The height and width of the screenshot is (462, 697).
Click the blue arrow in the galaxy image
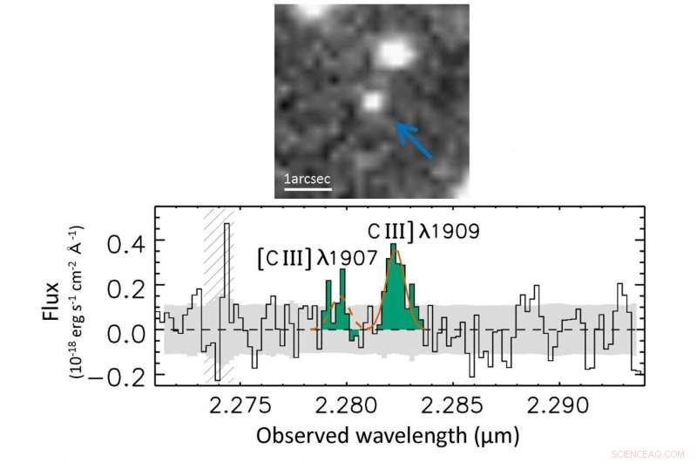coord(415,140)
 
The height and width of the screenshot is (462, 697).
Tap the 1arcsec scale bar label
coord(308,180)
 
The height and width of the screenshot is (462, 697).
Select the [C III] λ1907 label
coord(316,259)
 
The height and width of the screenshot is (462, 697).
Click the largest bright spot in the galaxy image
coord(394,54)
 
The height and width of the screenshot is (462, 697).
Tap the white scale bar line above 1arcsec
coord(308,189)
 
